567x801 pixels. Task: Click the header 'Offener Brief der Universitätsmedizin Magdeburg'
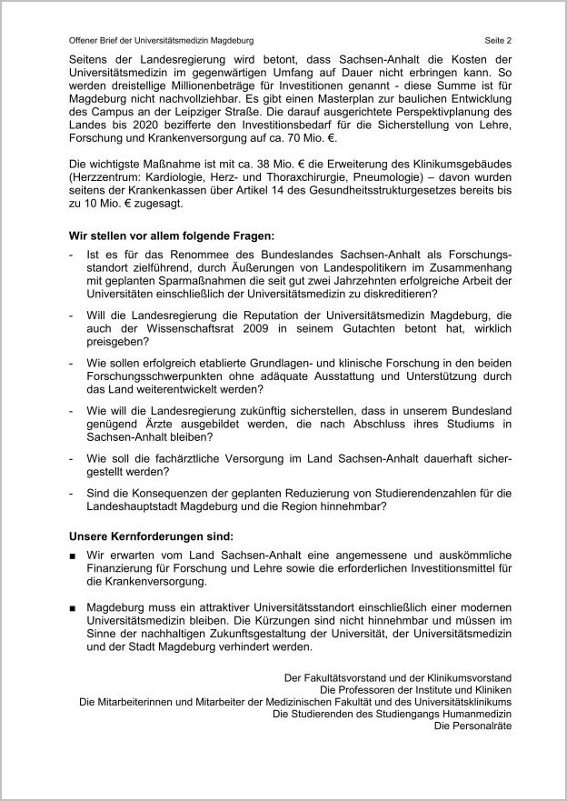[161, 41]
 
